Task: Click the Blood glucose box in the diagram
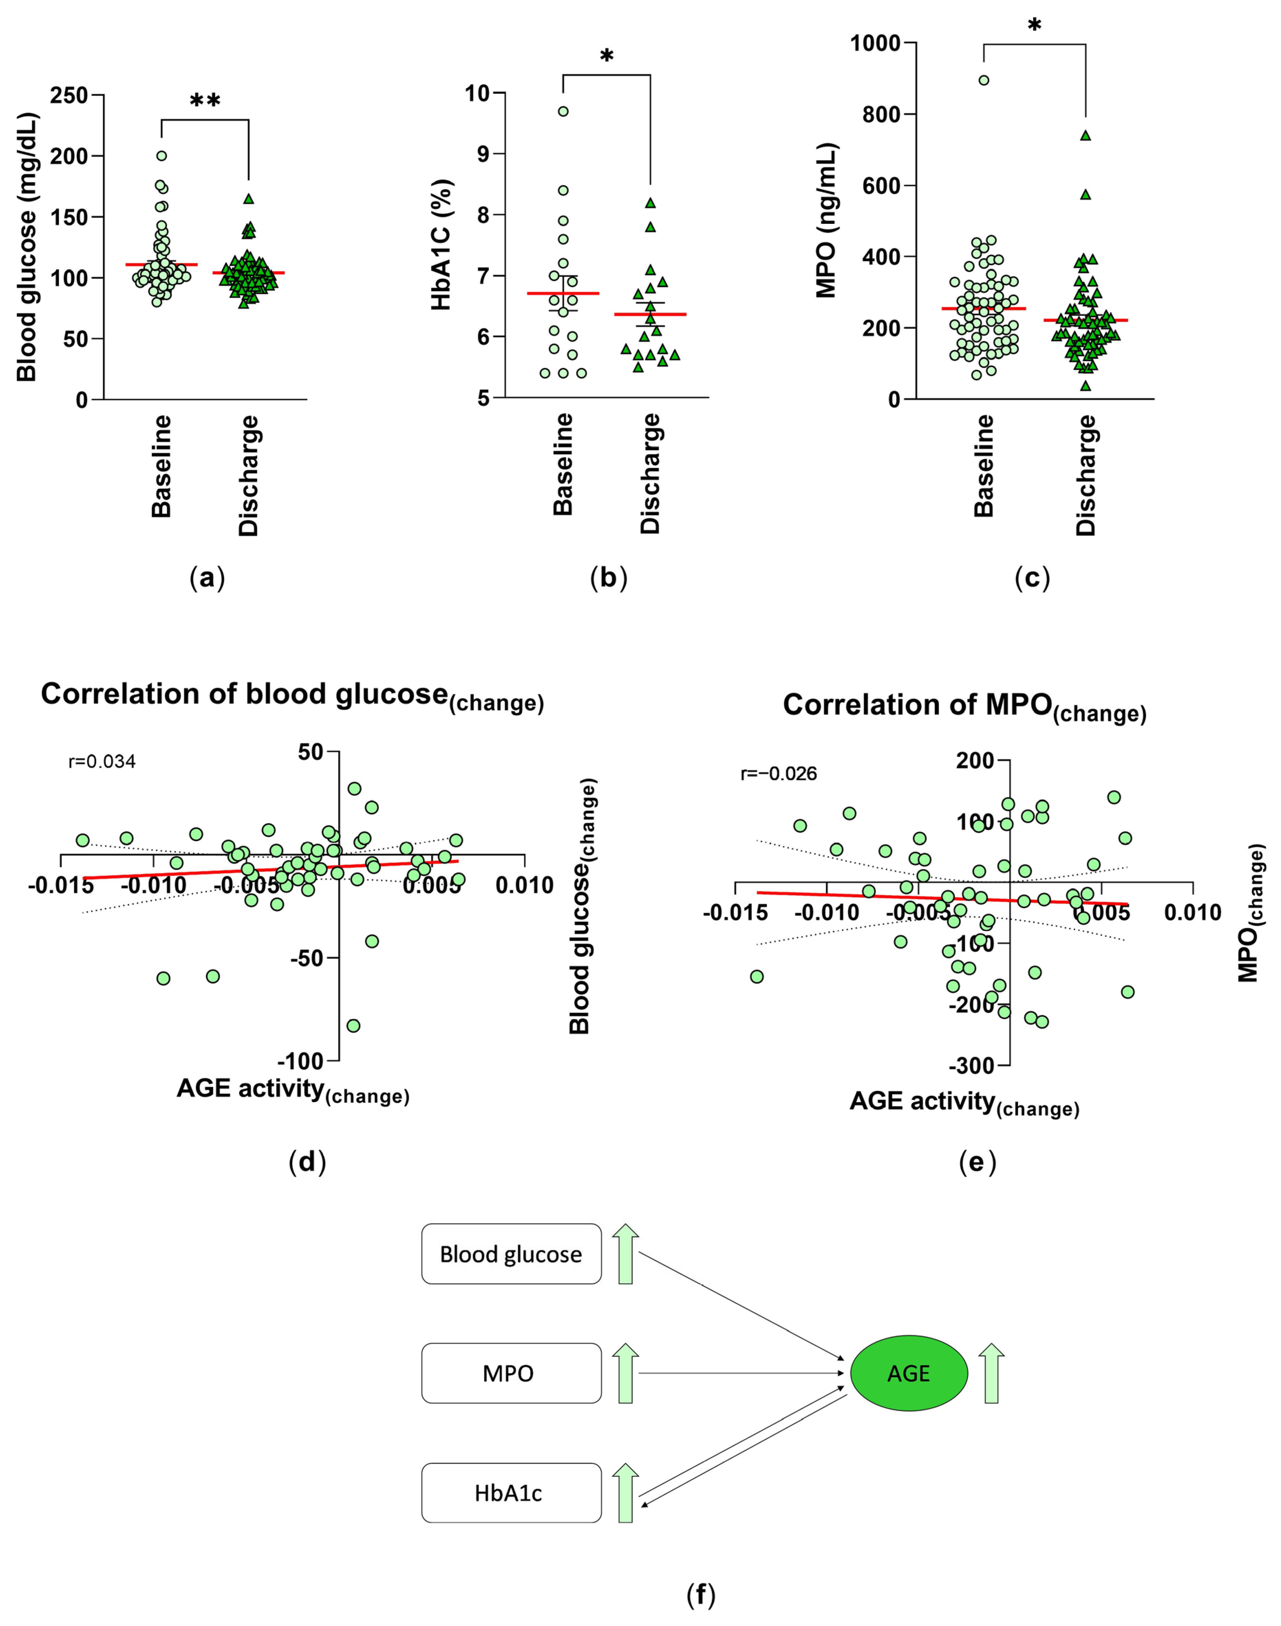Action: (x=511, y=1254)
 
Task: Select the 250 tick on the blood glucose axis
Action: (x=69, y=95)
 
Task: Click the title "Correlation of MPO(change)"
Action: (x=965, y=706)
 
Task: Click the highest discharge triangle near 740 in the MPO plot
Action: (x=1085, y=136)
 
